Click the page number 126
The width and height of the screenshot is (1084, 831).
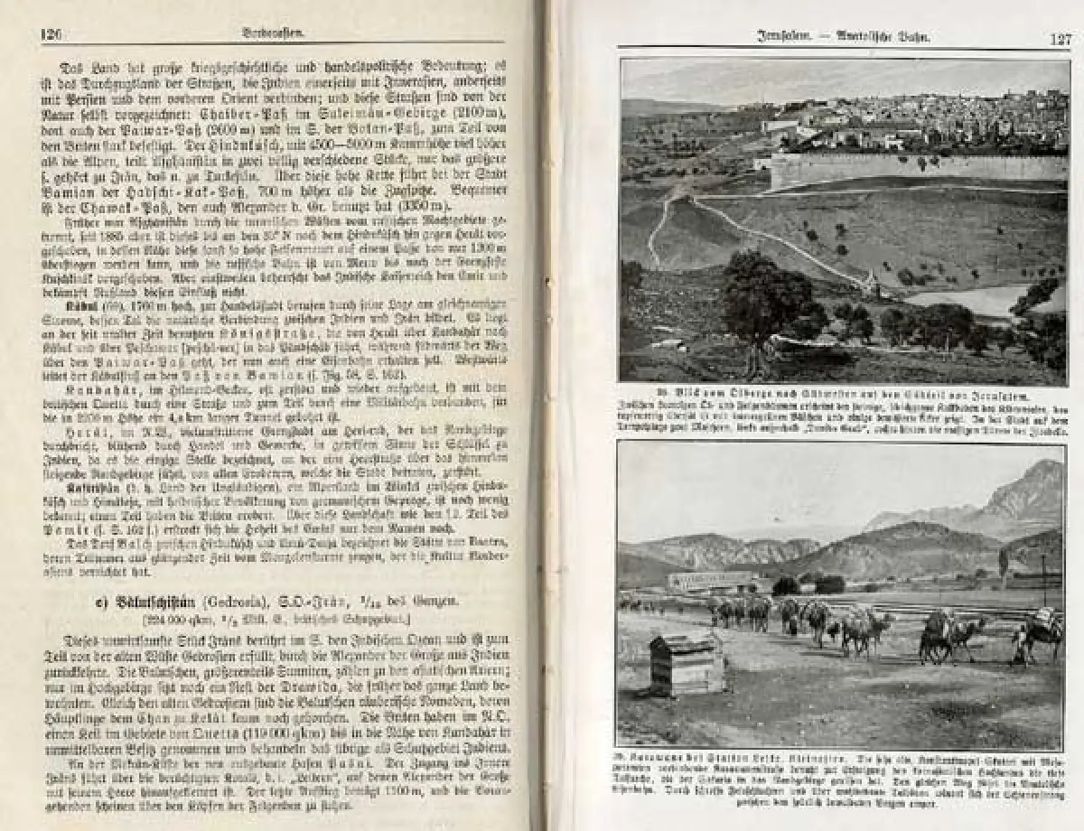click(x=51, y=34)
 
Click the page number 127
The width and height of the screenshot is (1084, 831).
click(x=1060, y=39)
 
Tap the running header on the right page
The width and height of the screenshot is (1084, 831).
click(x=845, y=38)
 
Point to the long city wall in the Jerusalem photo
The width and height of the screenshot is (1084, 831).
click(x=912, y=168)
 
